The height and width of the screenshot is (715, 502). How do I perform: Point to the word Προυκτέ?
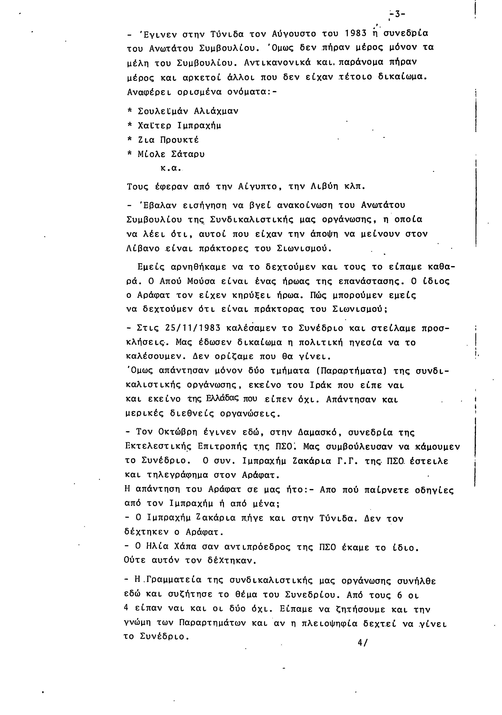179,140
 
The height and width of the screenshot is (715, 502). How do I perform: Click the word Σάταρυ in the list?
188,154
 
